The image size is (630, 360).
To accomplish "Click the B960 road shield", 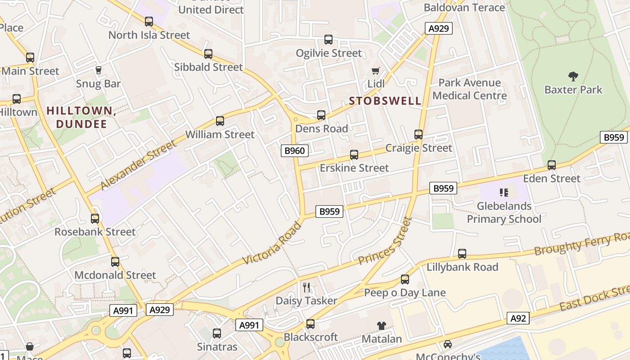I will click(x=295, y=151).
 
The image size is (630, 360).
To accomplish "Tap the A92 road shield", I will click(x=518, y=319).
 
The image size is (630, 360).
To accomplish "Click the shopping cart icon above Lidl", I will click(x=376, y=71).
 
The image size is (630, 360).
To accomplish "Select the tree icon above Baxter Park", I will click(x=573, y=76).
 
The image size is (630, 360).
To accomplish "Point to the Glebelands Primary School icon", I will click(x=504, y=193).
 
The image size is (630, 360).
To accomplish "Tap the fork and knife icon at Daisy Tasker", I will click(x=306, y=287).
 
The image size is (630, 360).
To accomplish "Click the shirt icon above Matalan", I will click(x=382, y=325).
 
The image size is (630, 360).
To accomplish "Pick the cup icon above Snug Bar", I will click(x=98, y=70).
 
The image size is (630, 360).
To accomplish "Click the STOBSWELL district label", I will click(x=385, y=101).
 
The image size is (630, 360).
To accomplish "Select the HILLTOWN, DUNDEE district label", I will click(x=81, y=117).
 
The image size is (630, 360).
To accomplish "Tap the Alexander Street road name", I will click(x=138, y=165).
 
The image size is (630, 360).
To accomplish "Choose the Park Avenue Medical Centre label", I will click(x=469, y=89).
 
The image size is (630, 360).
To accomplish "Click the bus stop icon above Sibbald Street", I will click(x=208, y=54).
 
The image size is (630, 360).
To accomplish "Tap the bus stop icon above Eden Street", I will click(x=551, y=165).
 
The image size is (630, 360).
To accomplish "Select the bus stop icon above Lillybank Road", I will click(x=462, y=254).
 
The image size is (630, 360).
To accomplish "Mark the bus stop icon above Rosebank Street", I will click(x=95, y=219).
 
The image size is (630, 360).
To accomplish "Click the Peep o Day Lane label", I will click(x=405, y=293).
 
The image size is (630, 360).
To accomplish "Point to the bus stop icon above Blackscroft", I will click(x=310, y=324).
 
